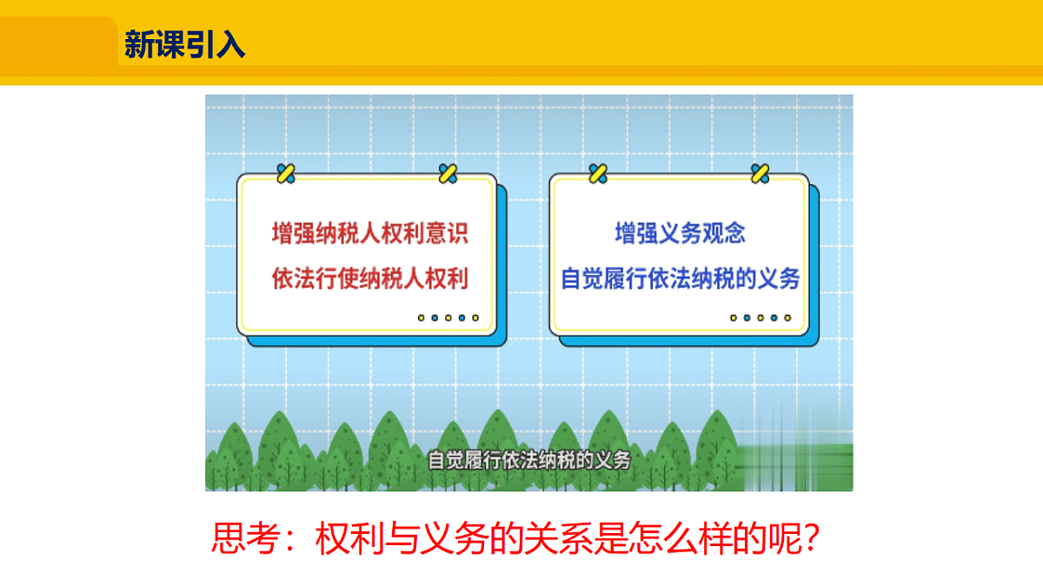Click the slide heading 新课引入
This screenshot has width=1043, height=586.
(184, 43)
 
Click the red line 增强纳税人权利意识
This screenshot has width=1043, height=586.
(370, 234)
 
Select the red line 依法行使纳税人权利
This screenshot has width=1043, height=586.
(370, 280)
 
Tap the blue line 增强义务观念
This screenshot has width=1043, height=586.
(681, 234)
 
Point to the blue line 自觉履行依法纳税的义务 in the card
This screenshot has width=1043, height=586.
(681, 280)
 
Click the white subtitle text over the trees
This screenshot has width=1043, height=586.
(528, 459)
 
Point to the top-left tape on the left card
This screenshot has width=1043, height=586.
(285, 173)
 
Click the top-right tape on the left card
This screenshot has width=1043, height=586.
(448, 173)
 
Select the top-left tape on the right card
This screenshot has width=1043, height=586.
(598, 173)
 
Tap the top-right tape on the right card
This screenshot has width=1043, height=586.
(761, 173)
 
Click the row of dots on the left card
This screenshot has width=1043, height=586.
(448, 318)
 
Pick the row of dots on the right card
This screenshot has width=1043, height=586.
(761, 318)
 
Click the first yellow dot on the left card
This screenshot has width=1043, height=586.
(422, 318)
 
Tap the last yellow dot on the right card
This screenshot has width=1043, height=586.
(787, 318)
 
